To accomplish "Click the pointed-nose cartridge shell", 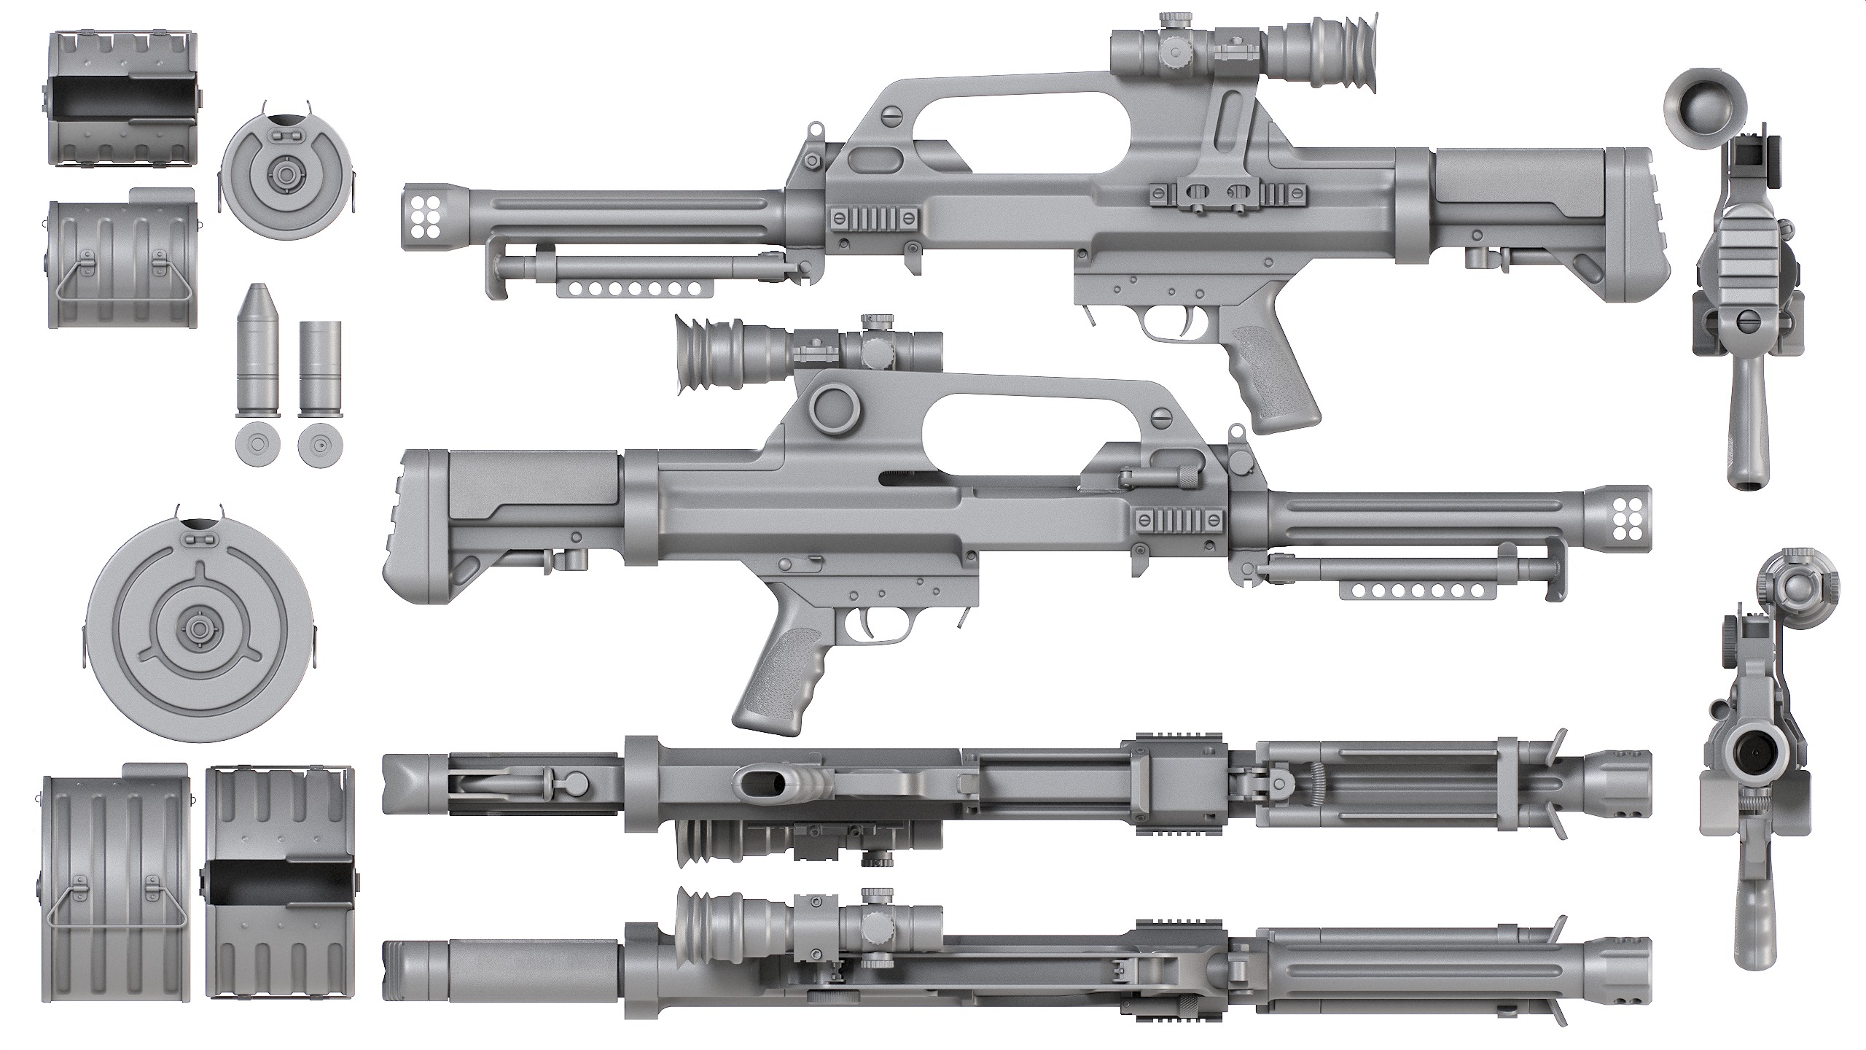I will [258, 350].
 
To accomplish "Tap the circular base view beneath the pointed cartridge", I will [258, 443].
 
